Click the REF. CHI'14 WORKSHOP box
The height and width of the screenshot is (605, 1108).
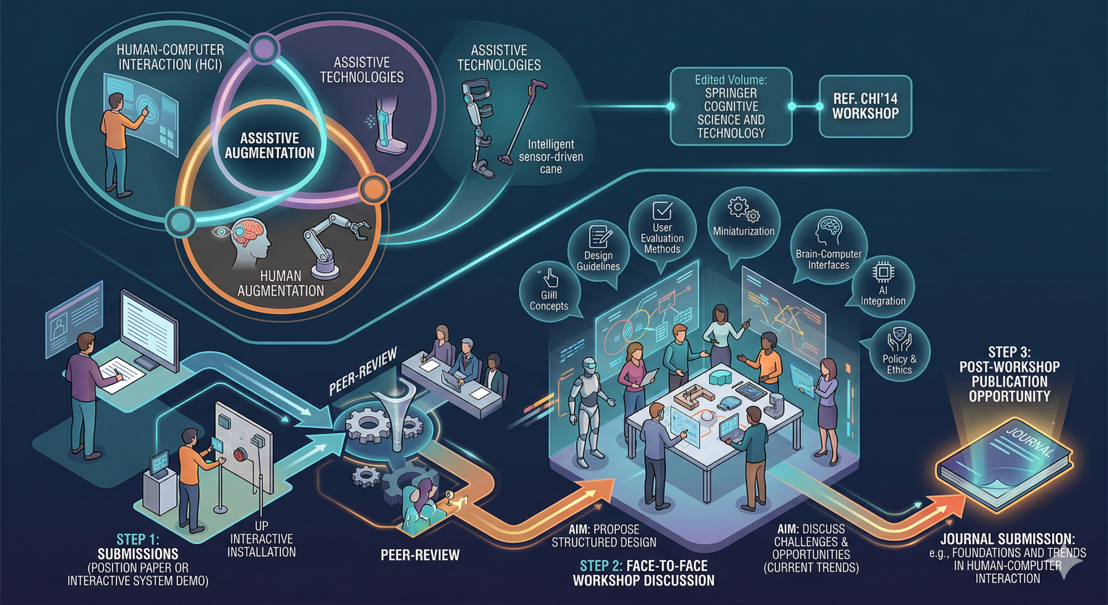(865, 106)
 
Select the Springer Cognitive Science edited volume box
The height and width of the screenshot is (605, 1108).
(731, 106)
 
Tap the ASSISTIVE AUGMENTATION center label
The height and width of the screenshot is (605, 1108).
(269, 146)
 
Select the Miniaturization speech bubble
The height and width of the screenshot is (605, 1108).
(744, 220)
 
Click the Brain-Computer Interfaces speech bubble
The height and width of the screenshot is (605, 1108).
(828, 246)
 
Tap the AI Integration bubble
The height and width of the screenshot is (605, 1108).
(883, 286)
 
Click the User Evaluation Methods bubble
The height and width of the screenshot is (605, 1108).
(662, 229)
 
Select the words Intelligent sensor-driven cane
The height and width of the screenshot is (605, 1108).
(551, 157)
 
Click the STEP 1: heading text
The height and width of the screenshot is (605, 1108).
(137, 539)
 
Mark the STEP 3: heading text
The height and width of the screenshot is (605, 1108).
(1009, 352)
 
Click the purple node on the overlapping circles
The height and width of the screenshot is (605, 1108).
(263, 49)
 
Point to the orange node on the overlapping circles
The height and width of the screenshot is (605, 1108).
(373, 188)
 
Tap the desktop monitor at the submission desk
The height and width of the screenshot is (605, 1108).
(148, 330)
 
